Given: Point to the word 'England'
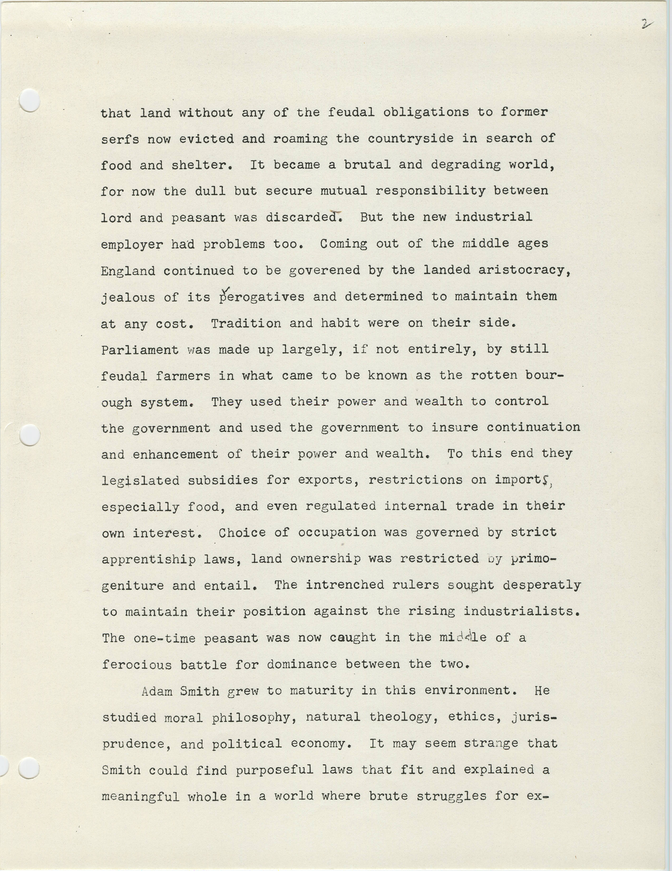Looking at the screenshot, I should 128,271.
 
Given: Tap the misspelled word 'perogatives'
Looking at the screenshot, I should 262,297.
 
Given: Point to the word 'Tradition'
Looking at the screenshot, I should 246,323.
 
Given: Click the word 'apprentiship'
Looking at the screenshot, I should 149,559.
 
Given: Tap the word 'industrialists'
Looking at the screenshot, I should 521,611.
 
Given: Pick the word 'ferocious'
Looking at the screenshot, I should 137,664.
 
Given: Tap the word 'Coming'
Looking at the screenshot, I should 344,244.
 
